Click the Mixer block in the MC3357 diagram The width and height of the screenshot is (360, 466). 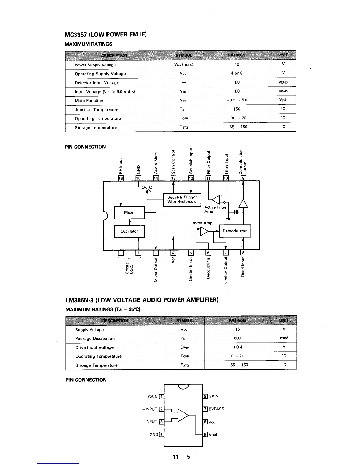point(129,212)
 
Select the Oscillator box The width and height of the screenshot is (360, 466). point(129,231)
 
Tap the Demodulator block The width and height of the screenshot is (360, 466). point(235,231)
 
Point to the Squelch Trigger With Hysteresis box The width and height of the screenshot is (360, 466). point(182,199)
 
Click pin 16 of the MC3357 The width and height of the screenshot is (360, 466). point(121,178)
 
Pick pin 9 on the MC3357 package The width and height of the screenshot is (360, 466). point(243,178)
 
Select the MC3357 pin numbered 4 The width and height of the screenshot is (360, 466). point(174,253)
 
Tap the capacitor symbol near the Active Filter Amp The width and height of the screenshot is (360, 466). point(236,212)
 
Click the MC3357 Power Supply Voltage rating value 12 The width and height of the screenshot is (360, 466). point(237,64)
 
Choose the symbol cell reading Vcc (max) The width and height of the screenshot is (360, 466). point(184,64)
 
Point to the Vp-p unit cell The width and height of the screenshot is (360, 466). point(283,82)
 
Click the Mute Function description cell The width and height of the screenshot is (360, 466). point(89,101)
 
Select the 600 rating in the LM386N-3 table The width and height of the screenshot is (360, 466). point(237,338)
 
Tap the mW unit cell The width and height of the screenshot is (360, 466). point(284,338)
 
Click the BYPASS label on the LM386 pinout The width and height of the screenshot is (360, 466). point(216,409)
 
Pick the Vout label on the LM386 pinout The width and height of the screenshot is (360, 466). point(213,435)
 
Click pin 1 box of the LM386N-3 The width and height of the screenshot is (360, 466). point(161,397)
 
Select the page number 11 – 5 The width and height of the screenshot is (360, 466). point(181,457)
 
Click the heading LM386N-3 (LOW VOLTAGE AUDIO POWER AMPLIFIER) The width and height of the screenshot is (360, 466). point(141,300)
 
